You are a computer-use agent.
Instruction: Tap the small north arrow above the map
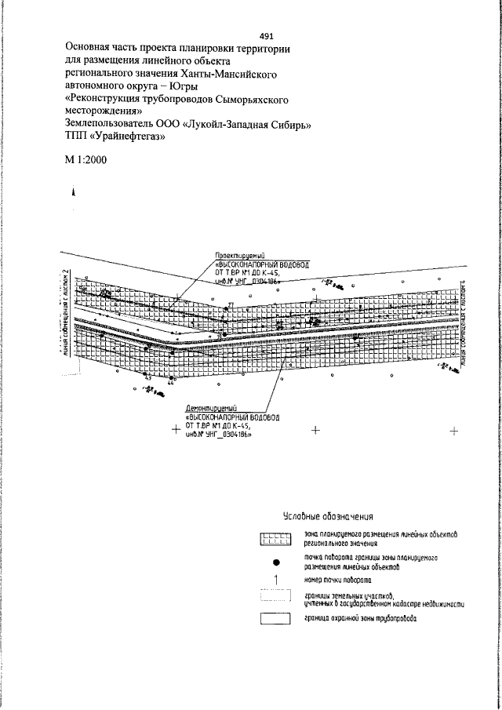74,191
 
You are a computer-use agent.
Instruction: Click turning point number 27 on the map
231,304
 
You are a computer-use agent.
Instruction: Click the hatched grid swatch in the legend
275,539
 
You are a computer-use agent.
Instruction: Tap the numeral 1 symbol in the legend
275,581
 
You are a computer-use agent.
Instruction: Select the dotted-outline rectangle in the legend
275,599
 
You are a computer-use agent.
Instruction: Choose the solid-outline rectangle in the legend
275,618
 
